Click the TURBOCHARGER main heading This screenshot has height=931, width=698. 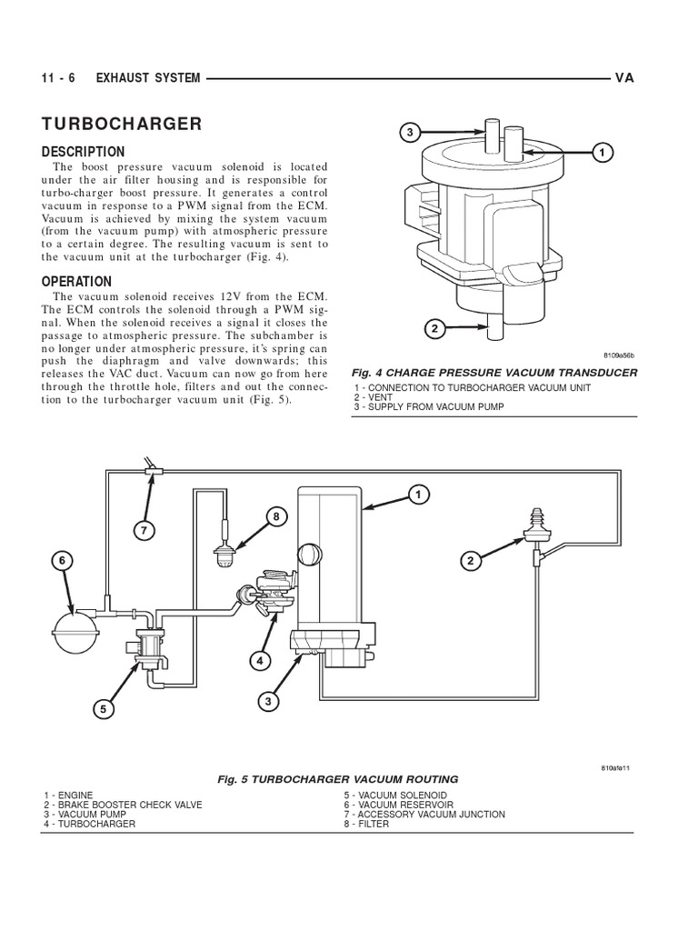pyautogui.click(x=122, y=124)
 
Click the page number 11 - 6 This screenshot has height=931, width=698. pyautogui.click(x=60, y=78)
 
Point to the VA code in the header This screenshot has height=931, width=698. pyautogui.click(x=623, y=78)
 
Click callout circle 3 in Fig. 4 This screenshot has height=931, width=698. pyautogui.click(x=410, y=133)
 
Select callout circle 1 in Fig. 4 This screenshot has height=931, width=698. pyautogui.click(x=600, y=153)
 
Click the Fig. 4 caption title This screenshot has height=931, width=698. pyautogui.click(x=495, y=374)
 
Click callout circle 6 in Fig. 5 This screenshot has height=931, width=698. pyautogui.click(x=64, y=560)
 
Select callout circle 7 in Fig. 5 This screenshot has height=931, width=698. pyautogui.click(x=143, y=529)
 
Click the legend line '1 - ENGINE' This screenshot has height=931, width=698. pyautogui.click(x=68, y=795)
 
